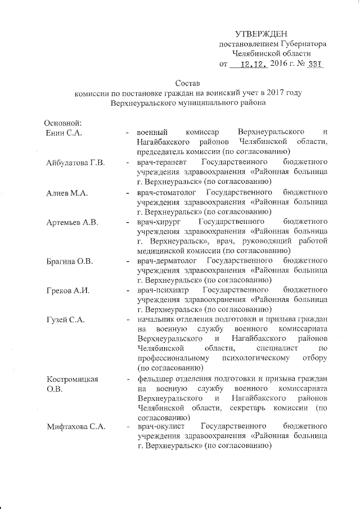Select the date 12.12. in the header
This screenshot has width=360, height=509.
point(253,65)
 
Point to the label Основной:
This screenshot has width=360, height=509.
point(64,123)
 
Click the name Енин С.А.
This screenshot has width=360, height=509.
point(65,132)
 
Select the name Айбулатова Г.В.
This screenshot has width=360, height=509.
point(76,163)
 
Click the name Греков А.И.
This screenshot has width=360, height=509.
point(69,291)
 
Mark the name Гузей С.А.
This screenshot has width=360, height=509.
point(66,321)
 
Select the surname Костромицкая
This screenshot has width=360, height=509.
point(73,380)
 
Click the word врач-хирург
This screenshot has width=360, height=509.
point(159,223)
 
